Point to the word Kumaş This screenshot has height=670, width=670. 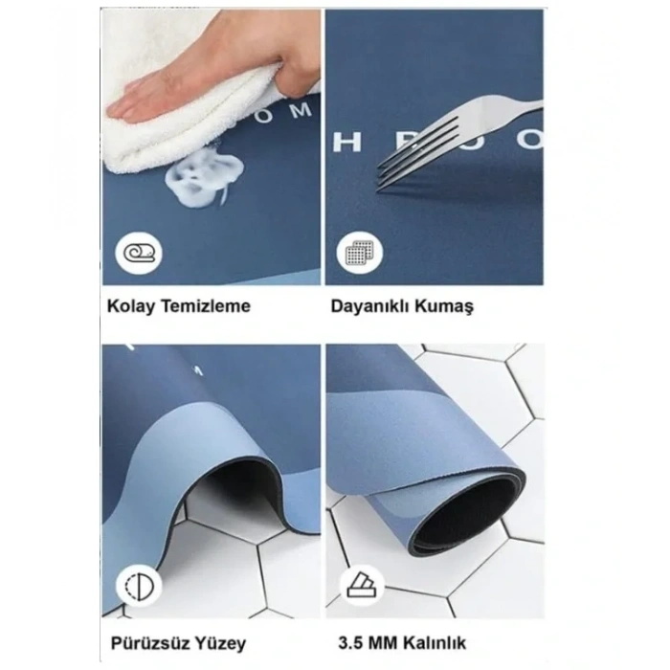click(x=449, y=306)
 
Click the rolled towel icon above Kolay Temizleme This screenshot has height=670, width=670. click(x=140, y=254)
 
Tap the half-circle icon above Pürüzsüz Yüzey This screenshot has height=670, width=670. click(x=140, y=585)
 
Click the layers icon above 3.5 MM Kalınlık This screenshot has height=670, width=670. click(x=363, y=585)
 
